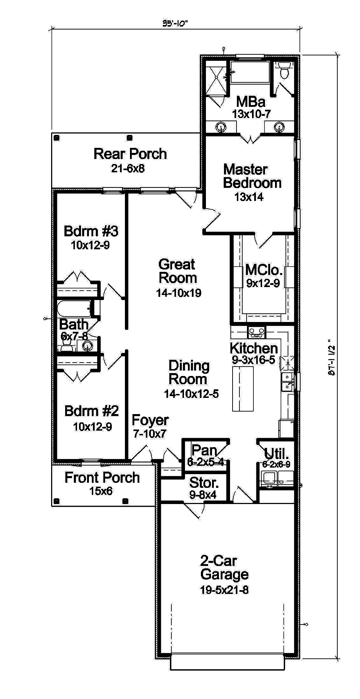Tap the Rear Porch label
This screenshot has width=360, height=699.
point(130,154)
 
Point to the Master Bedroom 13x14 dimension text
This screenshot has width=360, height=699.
point(249,197)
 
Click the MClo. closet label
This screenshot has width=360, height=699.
point(264,270)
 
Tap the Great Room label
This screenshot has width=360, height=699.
point(177,271)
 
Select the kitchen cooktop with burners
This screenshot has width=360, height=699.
point(257,332)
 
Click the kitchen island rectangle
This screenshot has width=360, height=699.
point(243,389)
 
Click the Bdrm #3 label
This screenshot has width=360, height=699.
point(91,231)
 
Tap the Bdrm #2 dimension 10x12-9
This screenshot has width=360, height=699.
point(93,427)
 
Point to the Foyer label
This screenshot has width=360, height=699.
point(150,420)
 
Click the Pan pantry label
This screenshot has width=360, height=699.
point(204,450)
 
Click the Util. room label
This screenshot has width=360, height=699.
point(276,454)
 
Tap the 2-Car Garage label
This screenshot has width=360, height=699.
point(224,567)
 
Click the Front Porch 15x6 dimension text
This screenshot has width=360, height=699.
point(101,491)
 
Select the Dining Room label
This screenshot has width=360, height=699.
point(189,372)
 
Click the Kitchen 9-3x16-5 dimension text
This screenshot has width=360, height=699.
point(253,360)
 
